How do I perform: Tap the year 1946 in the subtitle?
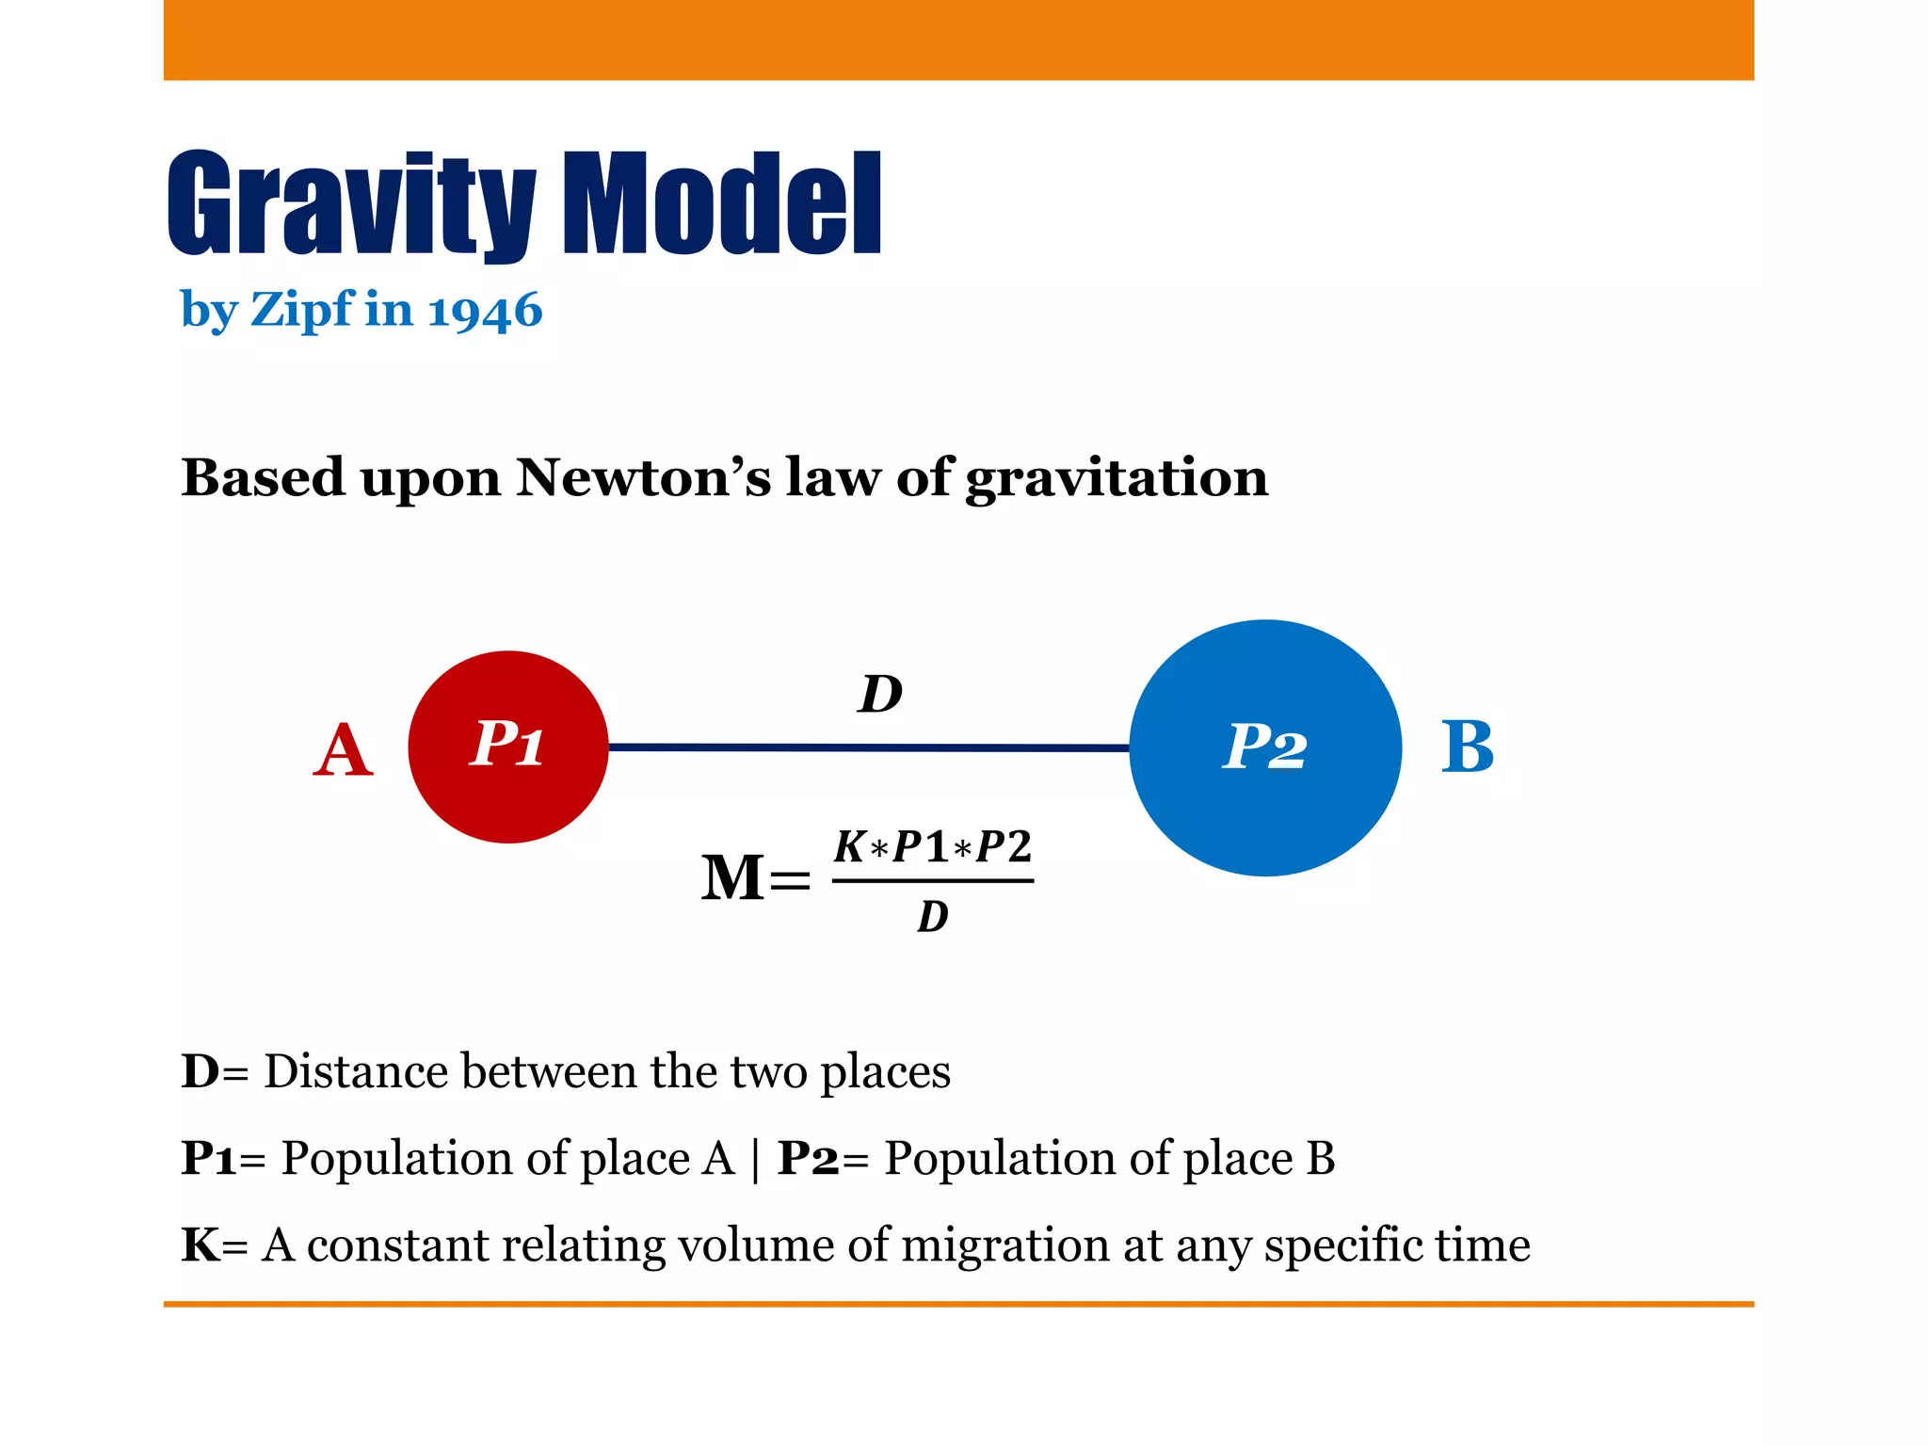pyautogui.click(x=484, y=311)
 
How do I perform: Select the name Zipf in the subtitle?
pyautogui.click(x=302, y=311)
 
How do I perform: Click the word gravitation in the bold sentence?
pyautogui.click(x=1117, y=479)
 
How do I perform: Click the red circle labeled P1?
pyautogui.click(x=508, y=747)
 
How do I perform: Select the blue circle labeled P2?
pyautogui.click(x=1264, y=748)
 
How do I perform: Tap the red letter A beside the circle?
pyautogui.click(x=343, y=750)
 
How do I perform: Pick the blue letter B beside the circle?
pyautogui.click(x=1467, y=747)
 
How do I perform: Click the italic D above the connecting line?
pyautogui.click(x=880, y=695)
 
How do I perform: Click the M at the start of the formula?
pyautogui.click(x=733, y=877)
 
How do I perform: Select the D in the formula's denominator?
pyautogui.click(x=932, y=916)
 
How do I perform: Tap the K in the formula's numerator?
pyautogui.click(x=849, y=846)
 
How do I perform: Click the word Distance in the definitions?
pyautogui.click(x=355, y=1071)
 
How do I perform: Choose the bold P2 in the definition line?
pyautogui.click(x=807, y=1158)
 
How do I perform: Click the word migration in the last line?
pyautogui.click(x=1005, y=1245)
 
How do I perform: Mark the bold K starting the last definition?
pyautogui.click(x=200, y=1245)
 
